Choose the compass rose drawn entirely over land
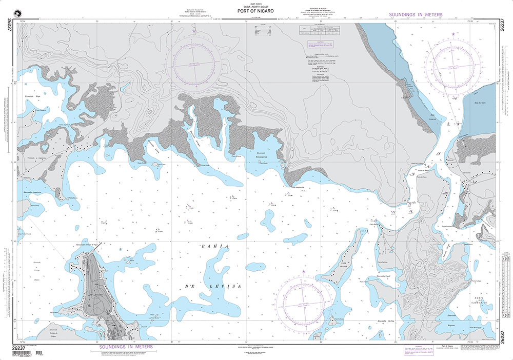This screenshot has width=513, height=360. [194, 62]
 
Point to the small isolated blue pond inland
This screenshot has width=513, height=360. [124, 87]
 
